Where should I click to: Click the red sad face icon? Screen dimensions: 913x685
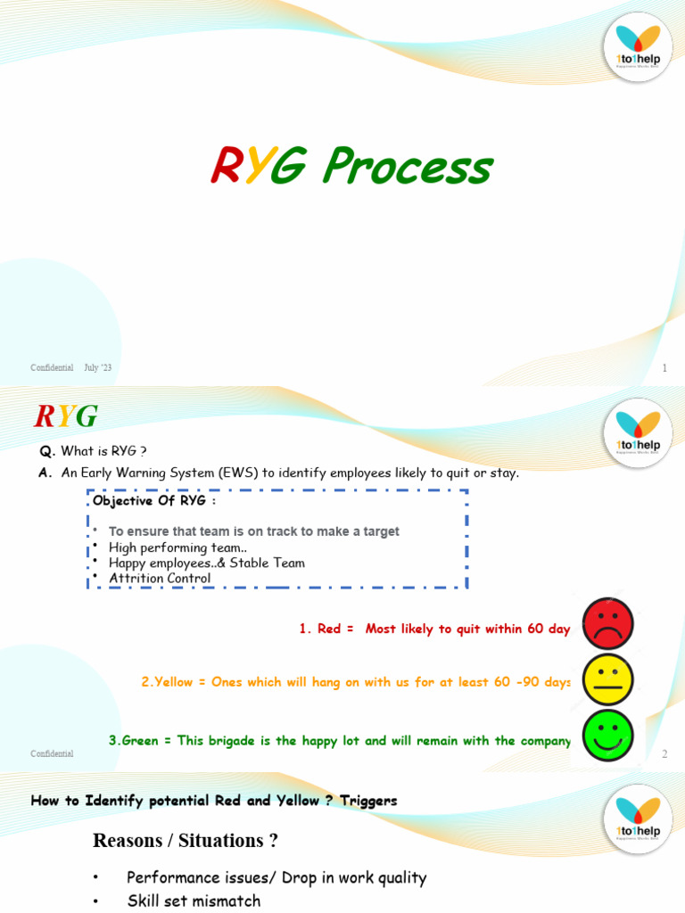click(x=607, y=623)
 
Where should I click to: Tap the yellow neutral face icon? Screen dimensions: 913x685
click(x=607, y=679)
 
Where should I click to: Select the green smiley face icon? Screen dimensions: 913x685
click(x=607, y=736)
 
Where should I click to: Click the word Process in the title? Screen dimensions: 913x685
click(x=407, y=167)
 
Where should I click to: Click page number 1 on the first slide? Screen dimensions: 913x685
click(x=664, y=368)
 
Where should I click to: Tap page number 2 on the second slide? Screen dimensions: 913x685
click(x=664, y=754)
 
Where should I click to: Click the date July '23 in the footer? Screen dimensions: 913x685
click(x=98, y=368)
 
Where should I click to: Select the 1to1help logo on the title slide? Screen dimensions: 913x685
click(x=638, y=44)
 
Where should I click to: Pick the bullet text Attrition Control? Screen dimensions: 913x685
click(x=160, y=578)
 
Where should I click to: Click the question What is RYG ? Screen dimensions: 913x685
click(x=103, y=450)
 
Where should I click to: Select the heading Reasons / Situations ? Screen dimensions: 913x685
click(x=186, y=840)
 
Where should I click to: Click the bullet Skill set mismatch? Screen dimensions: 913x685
click(x=194, y=901)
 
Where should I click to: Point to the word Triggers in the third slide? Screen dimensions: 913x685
click(x=368, y=801)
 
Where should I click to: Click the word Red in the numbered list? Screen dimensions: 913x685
click(x=329, y=629)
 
